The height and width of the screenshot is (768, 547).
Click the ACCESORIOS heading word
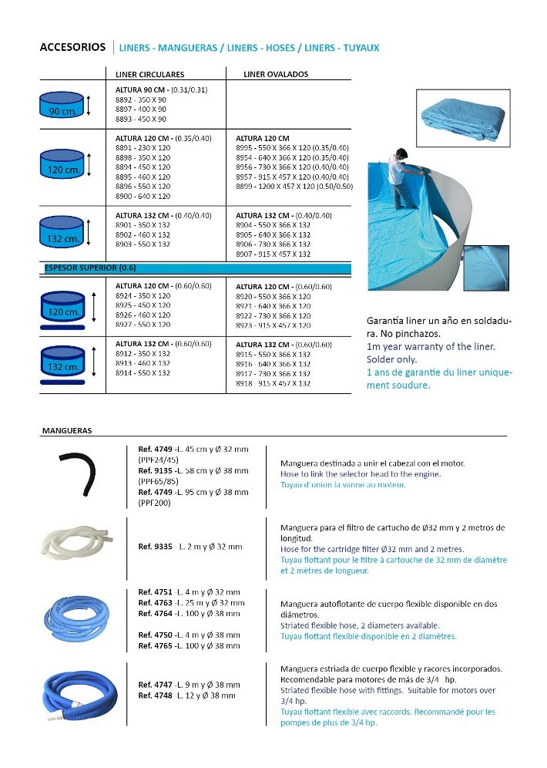[72, 47]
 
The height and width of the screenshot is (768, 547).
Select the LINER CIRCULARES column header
[149, 75]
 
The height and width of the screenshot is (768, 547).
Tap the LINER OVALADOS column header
[276, 75]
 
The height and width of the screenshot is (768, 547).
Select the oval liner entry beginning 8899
[294, 186]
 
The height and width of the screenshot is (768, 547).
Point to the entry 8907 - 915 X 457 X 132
[273, 254]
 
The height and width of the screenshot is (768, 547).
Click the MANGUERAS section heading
[67, 430]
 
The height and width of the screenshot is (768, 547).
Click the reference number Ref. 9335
[154, 547]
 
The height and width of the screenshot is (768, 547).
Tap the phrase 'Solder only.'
[392, 359]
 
